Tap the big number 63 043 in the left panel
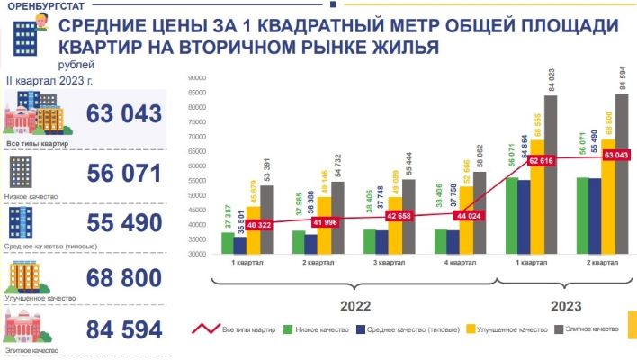tap(124, 114)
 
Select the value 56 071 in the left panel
tap(124, 172)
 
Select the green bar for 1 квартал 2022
tap(226, 243)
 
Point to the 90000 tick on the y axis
tap(198, 77)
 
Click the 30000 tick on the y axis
tap(198, 254)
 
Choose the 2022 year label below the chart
tap(354, 305)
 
